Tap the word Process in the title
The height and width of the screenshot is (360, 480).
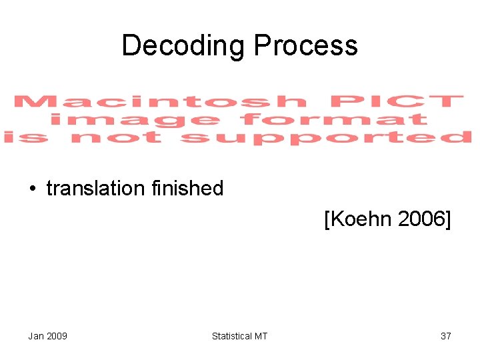click(x=306, y=46)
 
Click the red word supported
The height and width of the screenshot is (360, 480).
click(x=326, y=138)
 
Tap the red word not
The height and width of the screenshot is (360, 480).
click(x=116, y=138)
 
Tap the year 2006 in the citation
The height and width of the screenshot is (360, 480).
click(x=421, y=219)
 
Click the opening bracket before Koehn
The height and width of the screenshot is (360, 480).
click(x=327, y=219)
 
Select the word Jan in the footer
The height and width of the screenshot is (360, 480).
click(x=36, y=336)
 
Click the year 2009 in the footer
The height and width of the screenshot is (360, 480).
click(x=57, y=336)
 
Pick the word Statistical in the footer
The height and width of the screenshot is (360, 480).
click(x=231, y=336)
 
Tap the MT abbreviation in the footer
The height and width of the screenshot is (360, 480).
click(x=261, y=336)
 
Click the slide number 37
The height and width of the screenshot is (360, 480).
click(x=446, y=336)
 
